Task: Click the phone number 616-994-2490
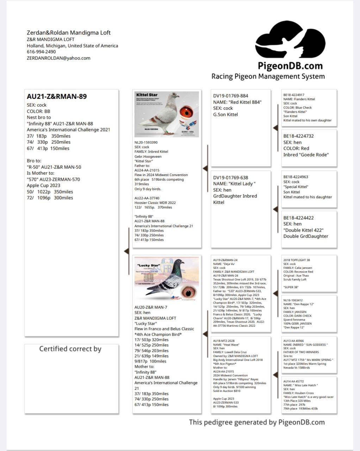(41, 51)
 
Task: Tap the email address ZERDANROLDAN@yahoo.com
(58, 58)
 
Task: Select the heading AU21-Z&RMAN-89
(57, 97)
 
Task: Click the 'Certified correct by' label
(70, 349)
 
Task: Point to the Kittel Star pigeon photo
(167, 114)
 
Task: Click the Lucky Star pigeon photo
(167, 279)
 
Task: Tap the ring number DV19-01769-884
(230, 96)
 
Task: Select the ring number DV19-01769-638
(230, 177)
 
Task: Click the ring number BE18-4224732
(298, 136)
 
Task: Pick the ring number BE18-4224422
(298, 218)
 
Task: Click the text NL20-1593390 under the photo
(146, 142)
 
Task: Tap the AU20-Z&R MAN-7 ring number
(151, 307)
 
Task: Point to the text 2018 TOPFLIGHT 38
(297, 260)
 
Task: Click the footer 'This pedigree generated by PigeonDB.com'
(257, 422)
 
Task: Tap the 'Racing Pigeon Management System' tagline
(268, 76)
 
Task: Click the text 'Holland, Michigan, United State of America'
(73, 45)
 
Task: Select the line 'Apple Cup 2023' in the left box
(43, 185)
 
